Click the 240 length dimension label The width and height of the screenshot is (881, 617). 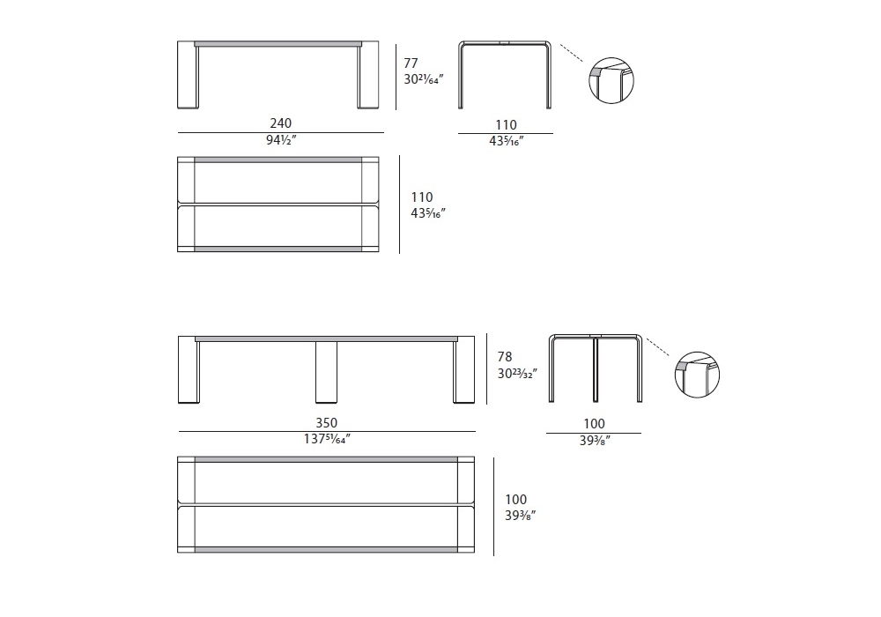281,123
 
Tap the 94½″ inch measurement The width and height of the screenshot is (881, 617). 281,140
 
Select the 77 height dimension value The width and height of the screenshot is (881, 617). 411,63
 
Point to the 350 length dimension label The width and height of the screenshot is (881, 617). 327,422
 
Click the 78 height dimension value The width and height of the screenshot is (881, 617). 505,356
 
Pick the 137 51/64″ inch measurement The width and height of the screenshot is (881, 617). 327,439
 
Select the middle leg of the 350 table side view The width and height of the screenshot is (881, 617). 327,372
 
